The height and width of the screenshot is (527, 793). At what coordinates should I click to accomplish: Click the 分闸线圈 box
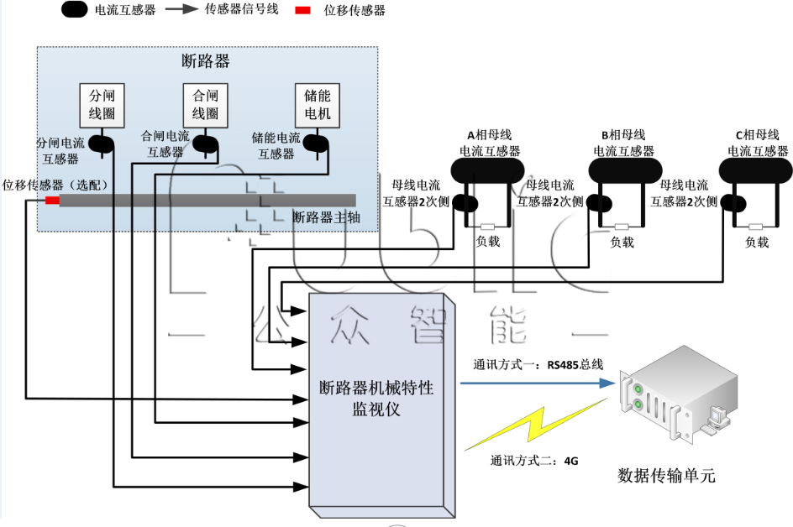click(x=102, y=104)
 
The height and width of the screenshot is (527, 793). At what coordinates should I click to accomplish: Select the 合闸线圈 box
click(x=205, y=104)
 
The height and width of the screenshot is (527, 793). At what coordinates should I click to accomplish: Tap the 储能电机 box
click(x=317, y=104)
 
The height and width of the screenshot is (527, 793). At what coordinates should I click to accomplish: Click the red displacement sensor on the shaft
click(x=52, y=201)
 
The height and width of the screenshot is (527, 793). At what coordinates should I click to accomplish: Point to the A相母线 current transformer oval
click(x=487, y=171)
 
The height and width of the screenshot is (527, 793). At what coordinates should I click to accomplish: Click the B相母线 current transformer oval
click(x=622, y=171)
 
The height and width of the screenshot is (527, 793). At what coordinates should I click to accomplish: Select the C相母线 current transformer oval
click(x=756, y=171)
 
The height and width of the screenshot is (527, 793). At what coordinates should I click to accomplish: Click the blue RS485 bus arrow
click(x=538, y=384)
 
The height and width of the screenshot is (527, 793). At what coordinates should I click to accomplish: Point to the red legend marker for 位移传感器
click(x=303, y=11)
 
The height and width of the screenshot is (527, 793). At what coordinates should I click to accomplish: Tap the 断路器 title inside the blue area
click(x=206, y=61)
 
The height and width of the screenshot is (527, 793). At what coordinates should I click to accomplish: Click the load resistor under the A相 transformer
click(x=486, y=227)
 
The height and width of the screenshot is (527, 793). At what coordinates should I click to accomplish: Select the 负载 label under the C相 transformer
click(x=757, y=243)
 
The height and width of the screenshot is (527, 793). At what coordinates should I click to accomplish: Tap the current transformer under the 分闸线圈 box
click(x=102, y=144)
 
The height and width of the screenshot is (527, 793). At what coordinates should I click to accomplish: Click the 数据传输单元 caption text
click(x=666, y=476)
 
